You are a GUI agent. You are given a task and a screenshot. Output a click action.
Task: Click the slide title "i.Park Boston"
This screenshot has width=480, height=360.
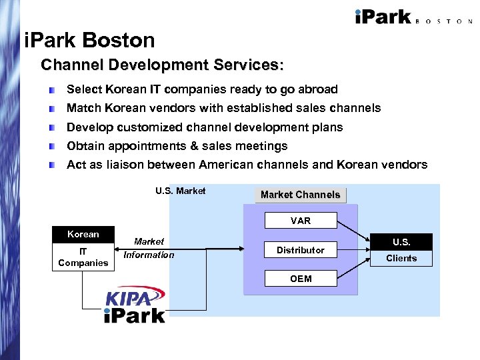(x=89, y=41)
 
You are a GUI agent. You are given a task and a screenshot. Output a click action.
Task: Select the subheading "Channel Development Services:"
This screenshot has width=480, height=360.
(x=162, y=65)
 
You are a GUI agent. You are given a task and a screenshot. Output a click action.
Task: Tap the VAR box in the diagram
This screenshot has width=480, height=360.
(x=301, y=221)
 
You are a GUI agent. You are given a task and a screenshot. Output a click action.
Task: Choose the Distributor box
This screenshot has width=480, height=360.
(x=301, y=250)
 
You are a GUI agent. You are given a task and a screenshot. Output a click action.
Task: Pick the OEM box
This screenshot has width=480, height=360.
(x=301, y=279)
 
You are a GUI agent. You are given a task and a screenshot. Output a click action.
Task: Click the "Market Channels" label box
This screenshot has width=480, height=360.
(x=300, y=195)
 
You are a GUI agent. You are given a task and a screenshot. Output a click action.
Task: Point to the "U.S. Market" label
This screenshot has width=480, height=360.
(x=180, y=191)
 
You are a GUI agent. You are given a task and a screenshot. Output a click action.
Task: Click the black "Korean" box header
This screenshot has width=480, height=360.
(x=83, y=234)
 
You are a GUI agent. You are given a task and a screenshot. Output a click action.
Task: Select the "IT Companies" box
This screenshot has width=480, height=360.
(x=83, y=257)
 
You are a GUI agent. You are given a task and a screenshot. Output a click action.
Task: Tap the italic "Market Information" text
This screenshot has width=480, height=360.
(x=149, y=248)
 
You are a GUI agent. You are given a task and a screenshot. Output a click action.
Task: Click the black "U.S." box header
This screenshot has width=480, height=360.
(x=401, y=242)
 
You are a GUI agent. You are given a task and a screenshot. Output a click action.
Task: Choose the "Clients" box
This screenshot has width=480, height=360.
(x=401, y=259)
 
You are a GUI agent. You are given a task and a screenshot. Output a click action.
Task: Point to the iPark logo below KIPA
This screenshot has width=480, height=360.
(x=134, y=315)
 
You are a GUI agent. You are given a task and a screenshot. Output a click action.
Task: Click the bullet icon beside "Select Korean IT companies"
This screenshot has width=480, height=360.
(x=52, y=89)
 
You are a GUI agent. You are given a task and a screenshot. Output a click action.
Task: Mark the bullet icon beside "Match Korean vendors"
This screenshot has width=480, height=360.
(x=52, y=108)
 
